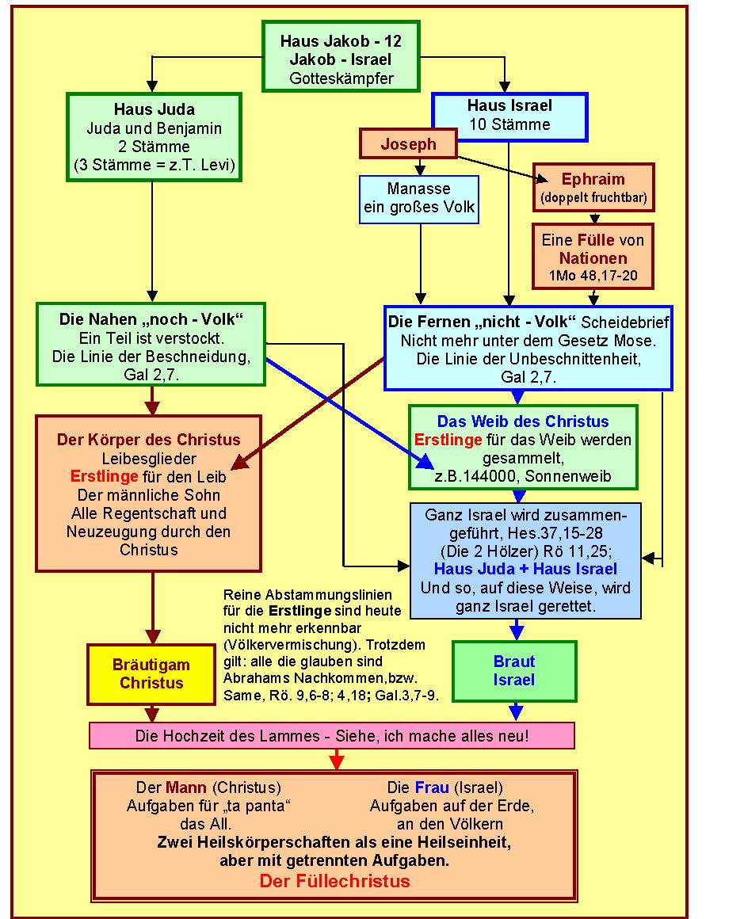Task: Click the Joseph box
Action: [x=408, y=143]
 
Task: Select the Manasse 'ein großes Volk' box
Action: [x=419, y=200]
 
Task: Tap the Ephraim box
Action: [x=593, y=188]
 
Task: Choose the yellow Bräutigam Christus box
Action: [x=151, y=674]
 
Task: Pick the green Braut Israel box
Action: [x=514, y=670]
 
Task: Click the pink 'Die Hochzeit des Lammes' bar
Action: [x=332, y=735]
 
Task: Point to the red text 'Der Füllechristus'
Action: [x=335, y=881]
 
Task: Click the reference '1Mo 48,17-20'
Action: [x=593, y=276]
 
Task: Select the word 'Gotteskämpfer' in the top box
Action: [x=341, y=78]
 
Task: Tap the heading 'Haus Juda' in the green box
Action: [x=155, y=109]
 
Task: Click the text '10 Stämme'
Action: [x=509, y=124]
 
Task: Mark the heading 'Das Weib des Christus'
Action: [x=523, y=421]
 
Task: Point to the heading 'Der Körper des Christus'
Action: [x=148, y=440]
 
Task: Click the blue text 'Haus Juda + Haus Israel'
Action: [x=525, y=569]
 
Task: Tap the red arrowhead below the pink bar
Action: [x=337, y=761]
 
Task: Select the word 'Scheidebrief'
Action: [x=624, y=322]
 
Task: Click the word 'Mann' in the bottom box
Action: [x=186, y=787]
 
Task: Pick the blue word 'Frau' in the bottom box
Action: [x=432, y=787]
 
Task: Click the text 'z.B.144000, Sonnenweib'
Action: [x=523, y=476]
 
